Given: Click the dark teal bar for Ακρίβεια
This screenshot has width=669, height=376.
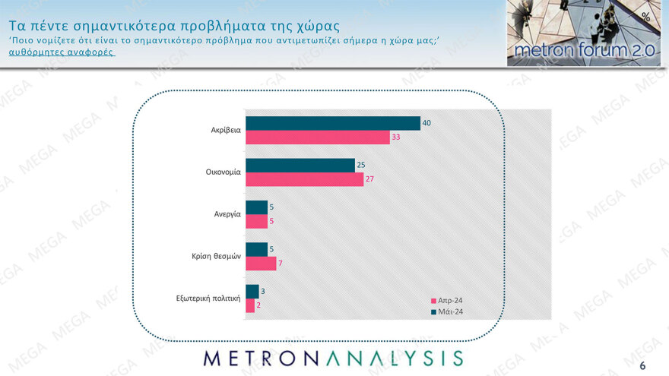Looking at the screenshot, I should coord(332,123).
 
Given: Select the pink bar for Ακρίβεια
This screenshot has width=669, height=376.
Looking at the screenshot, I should coord(317,137).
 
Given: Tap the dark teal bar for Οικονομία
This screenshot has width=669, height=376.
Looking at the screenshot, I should coord(300,165).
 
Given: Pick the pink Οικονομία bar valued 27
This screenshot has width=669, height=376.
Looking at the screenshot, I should coord(304,179).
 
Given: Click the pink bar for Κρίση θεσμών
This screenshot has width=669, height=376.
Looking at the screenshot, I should coord(261,264).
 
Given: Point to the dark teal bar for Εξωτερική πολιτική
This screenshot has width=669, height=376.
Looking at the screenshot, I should coord(252,291).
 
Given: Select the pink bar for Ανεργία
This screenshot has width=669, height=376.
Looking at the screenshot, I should coord(256,221).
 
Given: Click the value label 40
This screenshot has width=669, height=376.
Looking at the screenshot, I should coord(426,123).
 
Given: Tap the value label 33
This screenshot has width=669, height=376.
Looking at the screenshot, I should coord(395,137).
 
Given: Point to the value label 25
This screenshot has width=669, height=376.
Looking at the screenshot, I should coord(361,165).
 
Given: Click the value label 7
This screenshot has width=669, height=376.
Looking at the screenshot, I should coord(281,264).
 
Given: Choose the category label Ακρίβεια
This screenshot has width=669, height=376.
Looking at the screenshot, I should coord(226,130).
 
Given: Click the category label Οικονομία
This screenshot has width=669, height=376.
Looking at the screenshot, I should coord(223,172).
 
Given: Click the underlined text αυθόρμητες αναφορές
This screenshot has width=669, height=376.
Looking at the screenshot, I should coord(62,53).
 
